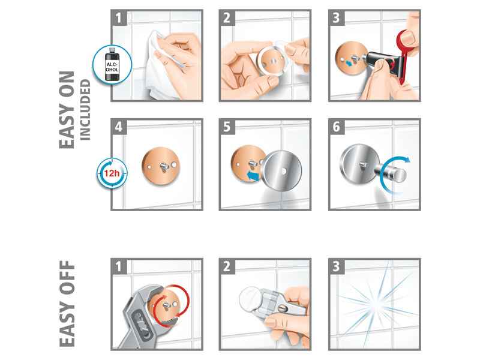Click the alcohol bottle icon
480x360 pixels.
pyautogui.click(x=112, y=65)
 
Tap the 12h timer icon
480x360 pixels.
pyautogui.click(x=112, y=173)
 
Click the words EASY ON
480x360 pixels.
pyautogui.click(x=67, y=110)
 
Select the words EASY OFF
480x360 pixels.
pyautogui.click(x=67, y=304)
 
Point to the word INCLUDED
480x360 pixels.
pyautogui.click(x=85, y=110)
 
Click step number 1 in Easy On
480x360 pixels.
pyautogui.click(x=119, y=18)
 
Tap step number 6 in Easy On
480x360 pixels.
pyautogui.click(x=336, y=127)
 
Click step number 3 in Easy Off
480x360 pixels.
pyautogui.click(x=336, y=266)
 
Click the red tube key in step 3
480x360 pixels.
pyautogui.click(x=404, y=55)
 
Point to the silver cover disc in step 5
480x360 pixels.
pyautogui.click(x=282, y=171)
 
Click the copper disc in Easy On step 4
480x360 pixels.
pyautogui.click(x=161, y=166)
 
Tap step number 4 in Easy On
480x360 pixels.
pyautogui.click(x=119, y=127)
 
